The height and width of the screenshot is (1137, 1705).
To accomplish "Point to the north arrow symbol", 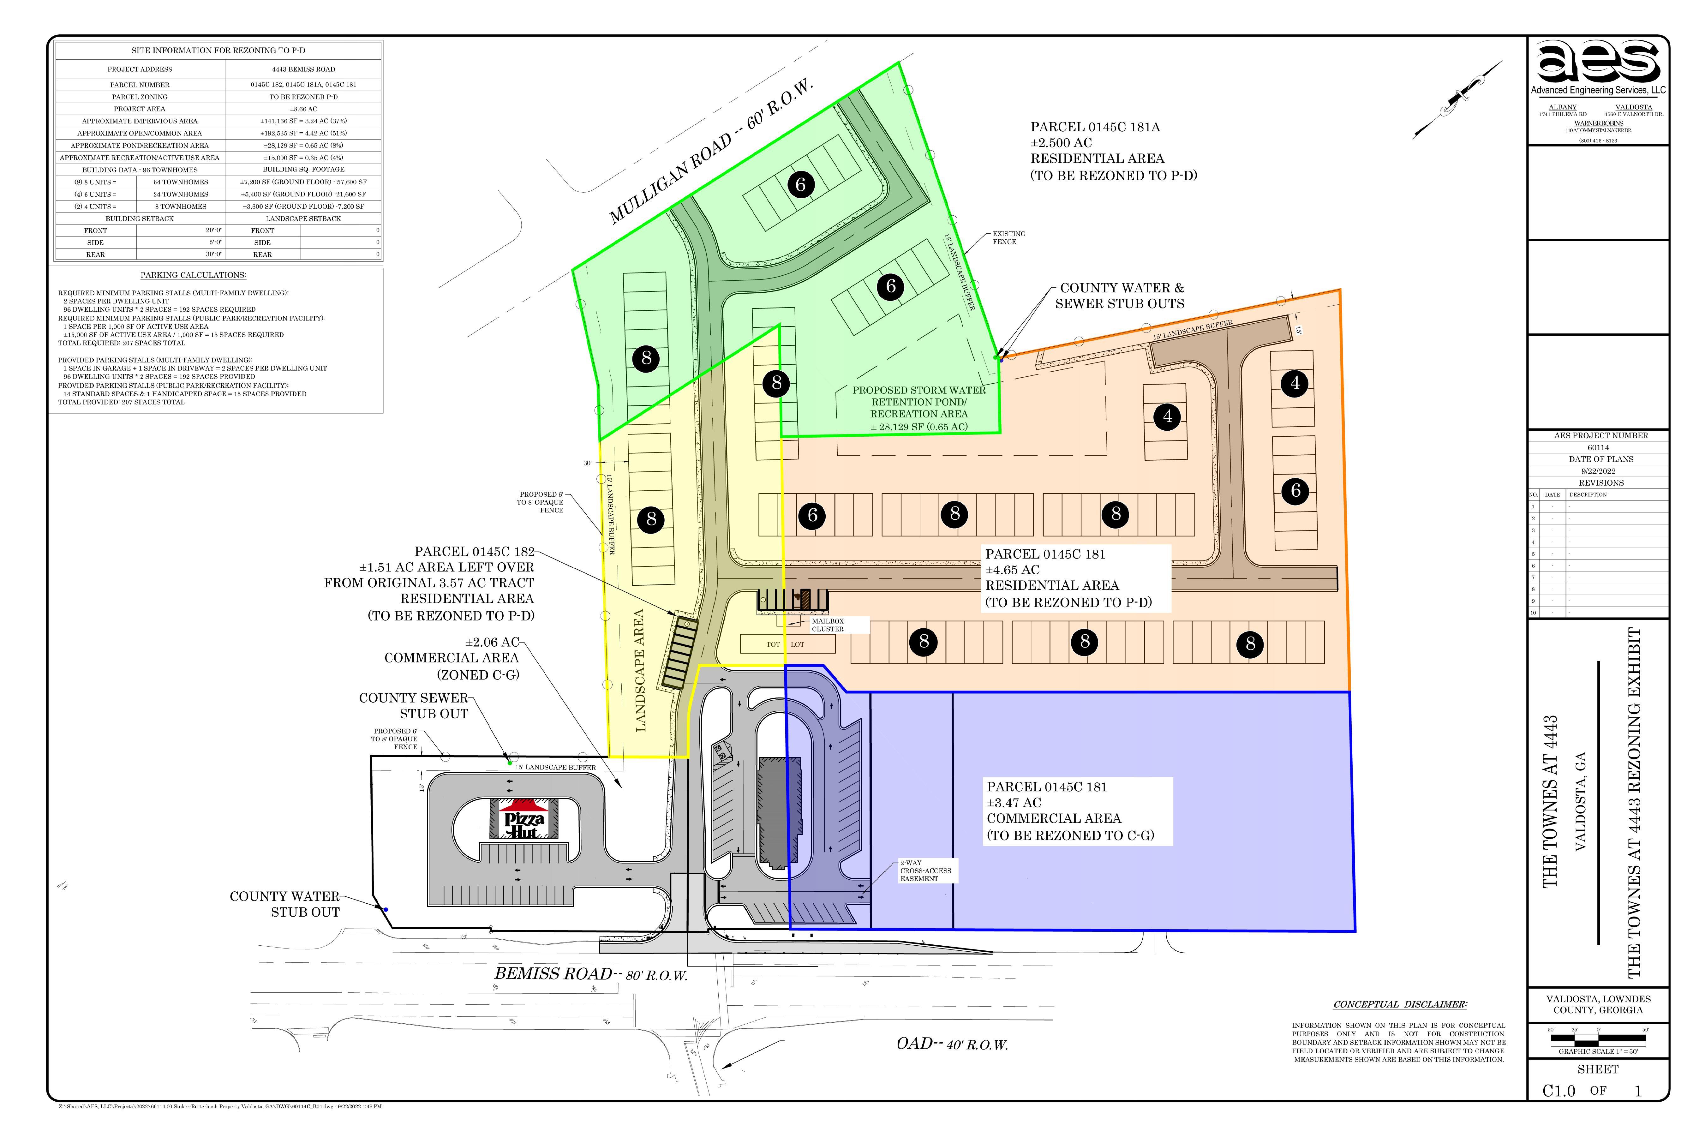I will pos(1457,99).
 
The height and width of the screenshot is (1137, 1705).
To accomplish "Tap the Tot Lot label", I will pos(785,644).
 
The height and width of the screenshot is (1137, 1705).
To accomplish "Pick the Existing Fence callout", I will pos(1008,238).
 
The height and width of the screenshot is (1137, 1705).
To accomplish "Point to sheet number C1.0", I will pos(1558,1091).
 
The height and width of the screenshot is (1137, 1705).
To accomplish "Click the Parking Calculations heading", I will pos(193,275).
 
